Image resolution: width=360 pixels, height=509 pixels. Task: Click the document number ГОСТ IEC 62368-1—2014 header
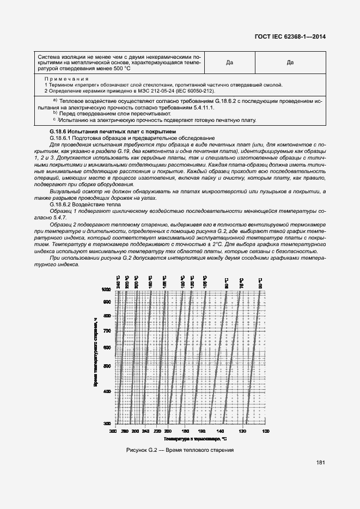(x=290, y=37)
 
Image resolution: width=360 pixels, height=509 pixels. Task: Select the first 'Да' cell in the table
(x=229, y=63)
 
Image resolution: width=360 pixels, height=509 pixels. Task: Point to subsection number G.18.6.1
(x=62, y=138)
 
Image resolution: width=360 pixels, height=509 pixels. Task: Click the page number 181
(x=320, y=463)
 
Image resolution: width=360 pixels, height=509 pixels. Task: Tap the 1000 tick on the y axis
(x=106, y=290)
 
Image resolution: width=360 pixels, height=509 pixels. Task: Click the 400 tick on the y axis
(x=107, y=391)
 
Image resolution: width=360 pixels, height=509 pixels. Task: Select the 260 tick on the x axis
(x=134, y=431)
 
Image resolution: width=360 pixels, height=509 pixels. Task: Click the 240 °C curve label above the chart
(x=118, y=283)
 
